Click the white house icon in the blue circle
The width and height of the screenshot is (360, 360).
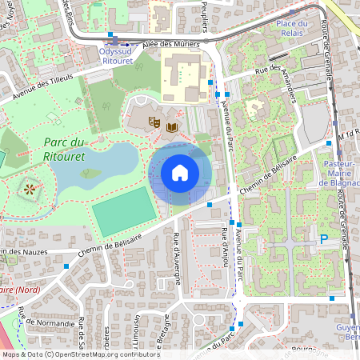(180, 173)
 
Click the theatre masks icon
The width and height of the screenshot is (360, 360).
(154, 121)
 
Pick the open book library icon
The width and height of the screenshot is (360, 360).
(172, 126)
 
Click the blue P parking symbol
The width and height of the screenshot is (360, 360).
(324, 238)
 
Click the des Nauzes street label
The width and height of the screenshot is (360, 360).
(24, 252)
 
